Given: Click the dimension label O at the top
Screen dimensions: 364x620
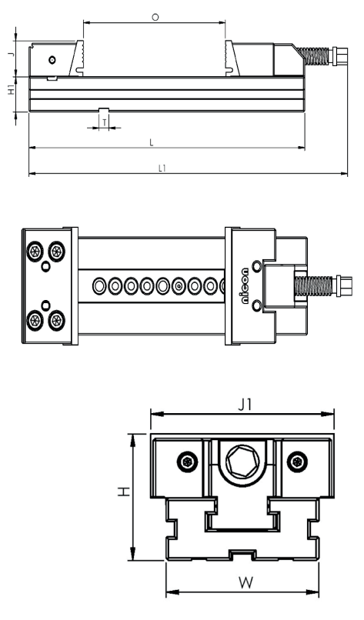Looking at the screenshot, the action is point(155,18).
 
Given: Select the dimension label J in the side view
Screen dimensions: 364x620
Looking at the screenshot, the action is point(12,52).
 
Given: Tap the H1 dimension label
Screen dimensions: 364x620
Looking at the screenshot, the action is point(12,90).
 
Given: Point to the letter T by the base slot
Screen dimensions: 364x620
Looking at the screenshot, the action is point(105,123).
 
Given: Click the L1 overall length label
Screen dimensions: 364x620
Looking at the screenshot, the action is point(162,168).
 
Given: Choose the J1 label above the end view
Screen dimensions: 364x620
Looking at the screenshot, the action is point(245,405).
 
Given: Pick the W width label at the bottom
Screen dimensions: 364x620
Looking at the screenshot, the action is point(245,582).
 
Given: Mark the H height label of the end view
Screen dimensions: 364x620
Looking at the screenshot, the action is point(124,492).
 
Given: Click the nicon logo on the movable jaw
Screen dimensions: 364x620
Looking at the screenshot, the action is point(245,286).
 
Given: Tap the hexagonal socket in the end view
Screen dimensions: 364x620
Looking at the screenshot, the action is point(242,461).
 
